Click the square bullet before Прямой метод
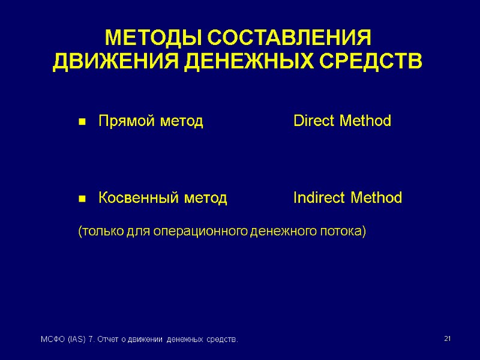pyautogui.click(x=81, y=122)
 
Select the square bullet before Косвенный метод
pyautogui.click(x=81, y=199)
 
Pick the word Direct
pyautogui.click(x=314, y=121)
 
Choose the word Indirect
pyautogui.click(x=320, y=198)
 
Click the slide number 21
pyautogui.click(x=447, y=340)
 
